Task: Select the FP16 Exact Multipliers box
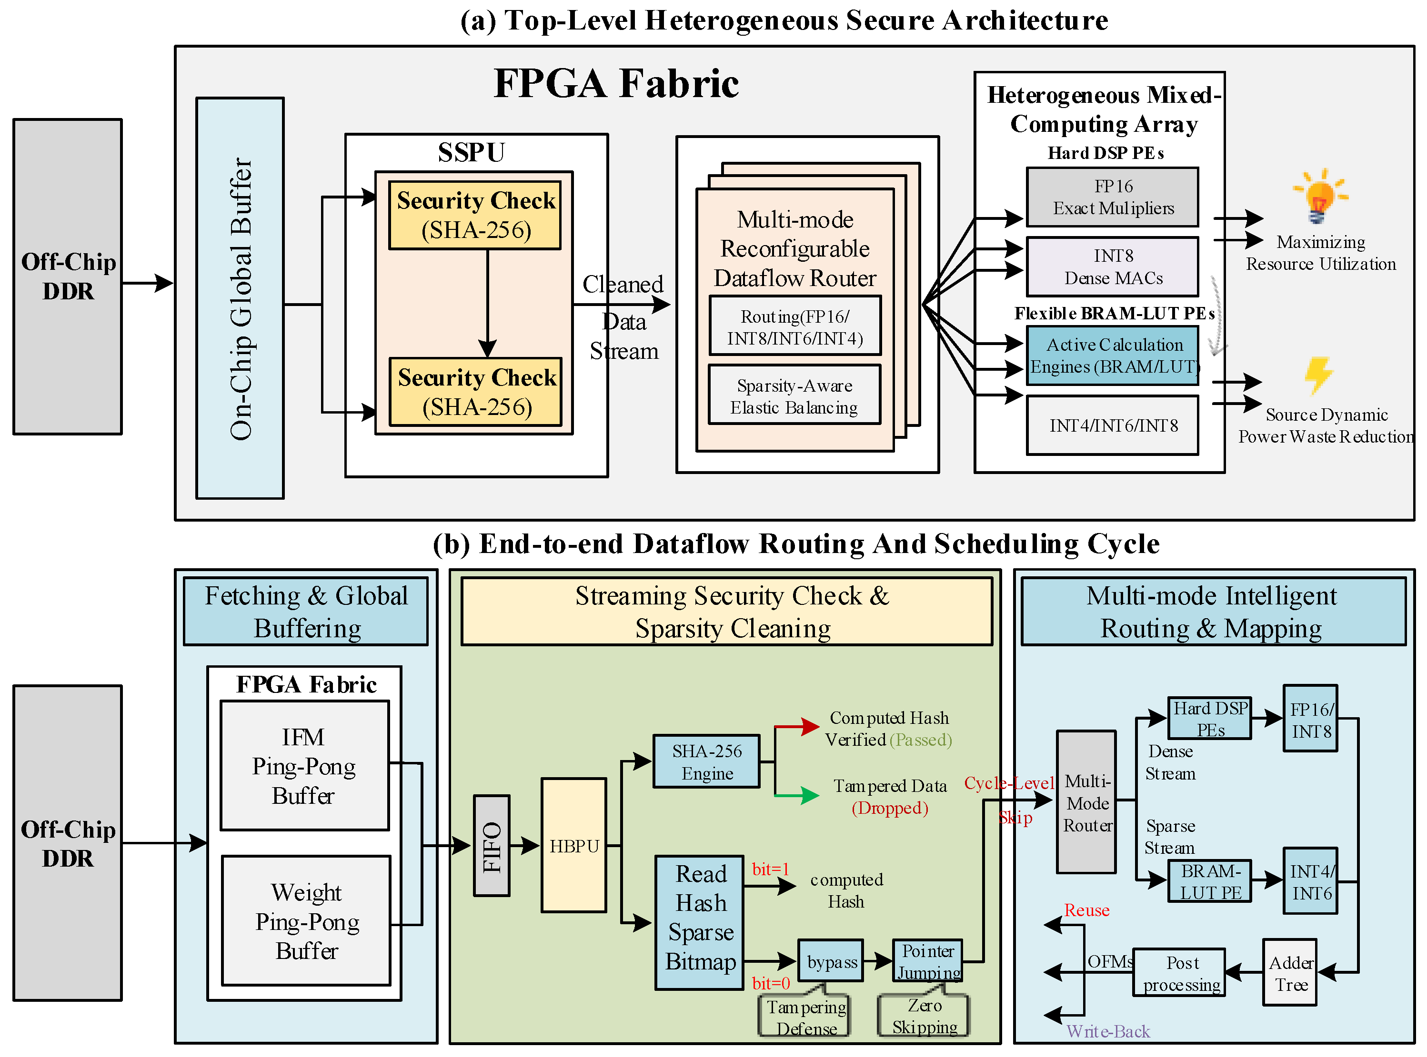(1112, 197)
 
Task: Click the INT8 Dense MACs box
(1112, 267)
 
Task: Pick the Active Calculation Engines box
(1112, 356)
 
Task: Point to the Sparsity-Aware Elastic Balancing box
(794, 395)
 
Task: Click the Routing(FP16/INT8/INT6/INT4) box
(794, 326)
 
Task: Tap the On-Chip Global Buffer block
(240, 298)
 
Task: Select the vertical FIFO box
(492, 846)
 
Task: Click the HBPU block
(573, 845)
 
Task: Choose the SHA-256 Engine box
(706, 761)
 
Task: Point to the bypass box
(830, 960)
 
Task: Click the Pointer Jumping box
(928, 960)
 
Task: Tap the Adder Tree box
(1289, 973)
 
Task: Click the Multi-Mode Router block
(1086, 802)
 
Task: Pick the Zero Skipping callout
(924, 1016)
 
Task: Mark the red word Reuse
(1086, 910)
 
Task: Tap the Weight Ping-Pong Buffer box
(306, 921)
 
